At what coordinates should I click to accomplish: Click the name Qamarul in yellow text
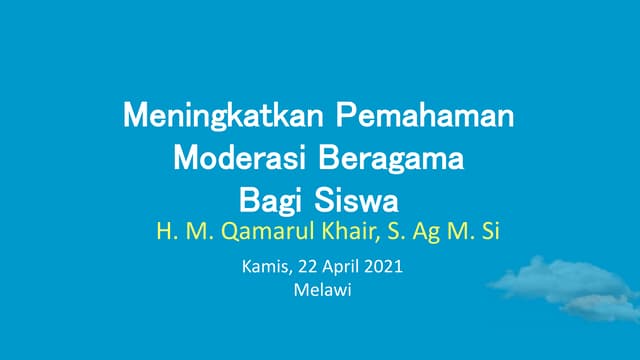(259, 233)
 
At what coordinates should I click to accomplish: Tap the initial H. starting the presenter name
(165, 232)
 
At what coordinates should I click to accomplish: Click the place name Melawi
(319, 291)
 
